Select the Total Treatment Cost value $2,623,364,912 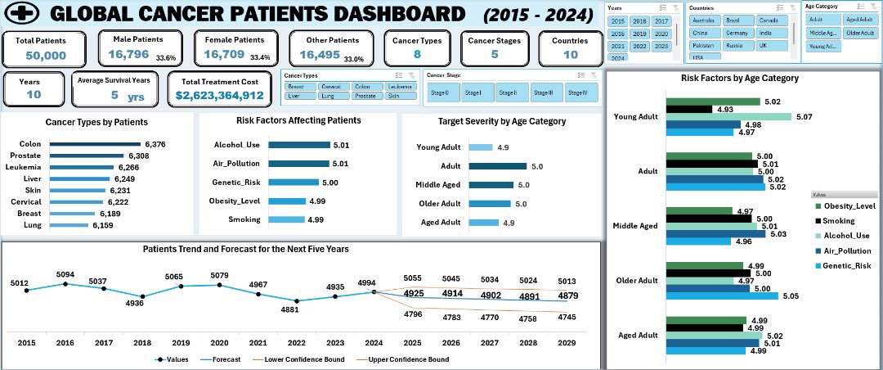[220, 95]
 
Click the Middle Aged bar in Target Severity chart [486, 185]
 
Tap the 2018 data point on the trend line [142, 296]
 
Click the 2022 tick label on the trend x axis [297, 342]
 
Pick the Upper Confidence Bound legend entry [416, 359]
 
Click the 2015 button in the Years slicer [618, 20]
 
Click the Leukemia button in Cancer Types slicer [400, 86]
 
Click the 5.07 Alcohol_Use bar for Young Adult [728, 116]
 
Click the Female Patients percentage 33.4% [260, 57]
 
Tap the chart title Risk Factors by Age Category [739, 78]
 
